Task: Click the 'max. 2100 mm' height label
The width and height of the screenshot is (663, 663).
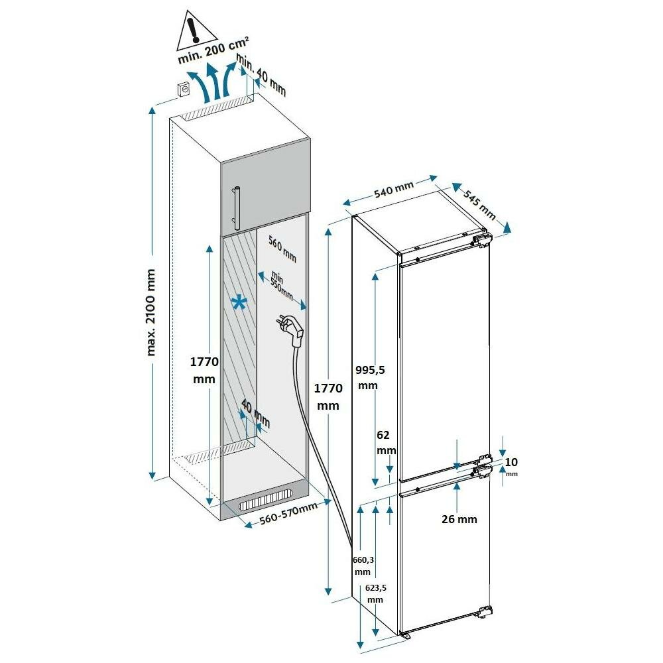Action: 152,312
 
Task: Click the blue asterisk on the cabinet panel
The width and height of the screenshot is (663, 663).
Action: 239,304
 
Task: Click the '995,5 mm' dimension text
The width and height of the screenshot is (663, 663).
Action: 367,377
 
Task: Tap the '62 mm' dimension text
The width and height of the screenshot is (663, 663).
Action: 385,442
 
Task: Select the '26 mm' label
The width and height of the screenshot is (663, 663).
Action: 459,519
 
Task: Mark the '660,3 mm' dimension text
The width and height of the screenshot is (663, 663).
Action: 362,566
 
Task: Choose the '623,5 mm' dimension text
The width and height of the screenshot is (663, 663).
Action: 375,593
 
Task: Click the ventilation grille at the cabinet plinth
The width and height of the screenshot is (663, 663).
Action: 265,501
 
